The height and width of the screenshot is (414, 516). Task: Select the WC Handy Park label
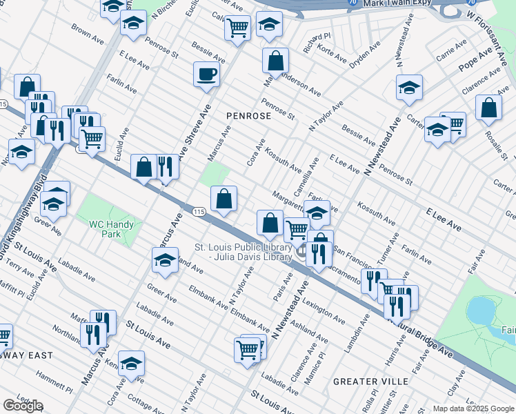(115, 228)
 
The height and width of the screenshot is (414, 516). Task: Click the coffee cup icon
(206, 74)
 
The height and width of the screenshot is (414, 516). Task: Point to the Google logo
(23, 406)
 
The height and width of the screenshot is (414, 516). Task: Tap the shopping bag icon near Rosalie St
(488, 108)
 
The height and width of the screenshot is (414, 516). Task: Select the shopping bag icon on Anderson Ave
(275, 61)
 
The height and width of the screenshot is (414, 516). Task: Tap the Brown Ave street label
(87, 32)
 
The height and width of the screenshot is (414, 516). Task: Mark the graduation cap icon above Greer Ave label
(53, 204)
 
